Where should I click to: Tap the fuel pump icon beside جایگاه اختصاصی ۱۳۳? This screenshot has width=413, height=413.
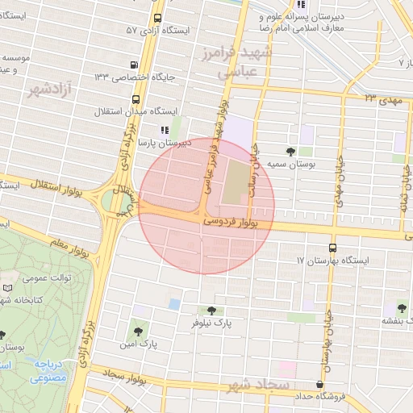pyautogui.click(x=132, y=66)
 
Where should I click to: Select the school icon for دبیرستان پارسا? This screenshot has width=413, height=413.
pyautogui.click(x=165, y=129)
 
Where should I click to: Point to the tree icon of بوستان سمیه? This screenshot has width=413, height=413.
pyautogui.click(x=290, y=151)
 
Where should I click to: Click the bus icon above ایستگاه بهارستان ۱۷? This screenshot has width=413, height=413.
pyautogui.click(x=333, y=248)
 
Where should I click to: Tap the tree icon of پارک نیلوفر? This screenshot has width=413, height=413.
pyautogui.click(x=211, y=310)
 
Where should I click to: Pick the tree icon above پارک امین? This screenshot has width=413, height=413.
pyautogui.click(x=136, y=331)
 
